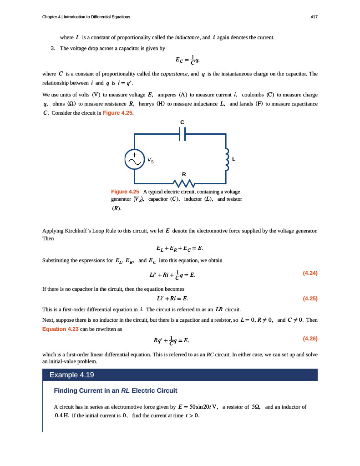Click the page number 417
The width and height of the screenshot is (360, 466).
314,17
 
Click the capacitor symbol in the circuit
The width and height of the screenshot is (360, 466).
183,134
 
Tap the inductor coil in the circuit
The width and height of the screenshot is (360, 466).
226,159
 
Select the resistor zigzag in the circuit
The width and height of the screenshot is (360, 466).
184,183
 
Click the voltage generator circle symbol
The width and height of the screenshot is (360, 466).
134,159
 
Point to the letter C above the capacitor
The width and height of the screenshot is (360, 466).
183,122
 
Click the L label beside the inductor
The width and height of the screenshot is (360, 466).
233,159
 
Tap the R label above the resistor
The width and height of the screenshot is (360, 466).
184,174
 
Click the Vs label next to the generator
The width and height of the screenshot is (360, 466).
150,160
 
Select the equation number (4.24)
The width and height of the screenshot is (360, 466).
310,273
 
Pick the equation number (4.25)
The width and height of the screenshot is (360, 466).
310,299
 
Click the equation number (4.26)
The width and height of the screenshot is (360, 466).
310,339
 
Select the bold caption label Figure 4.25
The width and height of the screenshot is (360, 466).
125,192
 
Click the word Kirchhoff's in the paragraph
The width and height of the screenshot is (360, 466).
80,231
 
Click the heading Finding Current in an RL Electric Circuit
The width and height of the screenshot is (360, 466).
116,390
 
